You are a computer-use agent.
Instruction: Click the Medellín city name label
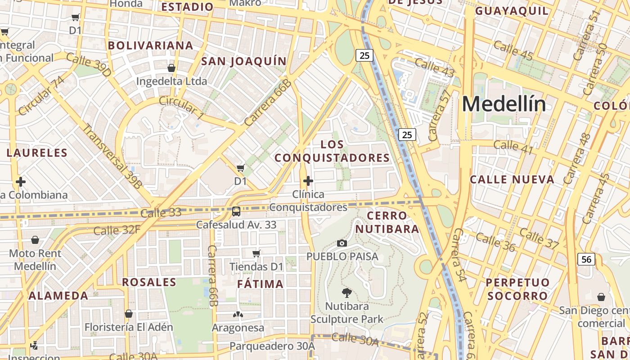pyautogui.click(x=504, y=105)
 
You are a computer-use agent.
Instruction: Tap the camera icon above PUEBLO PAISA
pyautogui.click(x=342, y=243)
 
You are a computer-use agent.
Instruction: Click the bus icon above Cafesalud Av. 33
pyautogui.click(x=236, y=211)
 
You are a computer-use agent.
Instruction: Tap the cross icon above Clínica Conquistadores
pyautogui.click(x=308, y=181)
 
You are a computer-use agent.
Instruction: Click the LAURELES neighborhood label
pyautogui.click(x=37, y=153)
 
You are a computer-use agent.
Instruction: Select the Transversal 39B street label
pyautogui.click(x=112, y=156)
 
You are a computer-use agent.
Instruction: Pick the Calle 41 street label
pyautogui.click(x=513, y=146)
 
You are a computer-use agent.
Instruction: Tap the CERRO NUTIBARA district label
pyautogui.click(x=387, y=222)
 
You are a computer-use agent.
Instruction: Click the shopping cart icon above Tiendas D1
pyautogui.click(x=256, y=253)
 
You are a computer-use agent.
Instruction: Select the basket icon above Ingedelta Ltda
pyautogui.click(x=171, y=68)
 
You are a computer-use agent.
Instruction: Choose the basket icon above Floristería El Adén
pyautogui.click(x=129, y=314)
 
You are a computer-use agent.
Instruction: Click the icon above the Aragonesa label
pyautogui.click(x=238, y=314)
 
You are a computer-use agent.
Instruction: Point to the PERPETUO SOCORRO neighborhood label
pyautogui.click(x=517, y=289)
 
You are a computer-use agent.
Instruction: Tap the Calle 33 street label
pyautogui.click(x=161, y=212)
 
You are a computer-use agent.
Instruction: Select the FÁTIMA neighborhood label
pyautogui.click(x=260, y=284)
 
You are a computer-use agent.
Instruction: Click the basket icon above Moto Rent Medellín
pyautogui.click(x=35, y=240)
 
